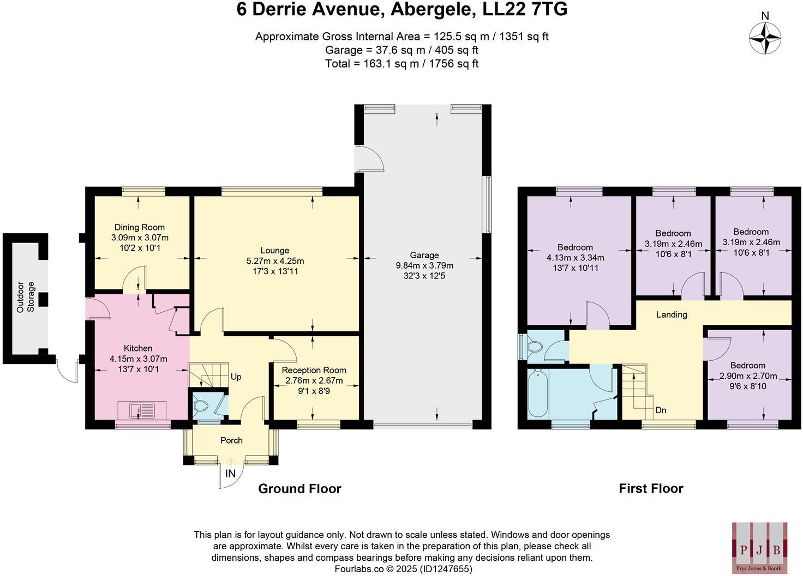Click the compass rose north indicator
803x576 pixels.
765,37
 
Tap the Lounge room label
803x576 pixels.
274,251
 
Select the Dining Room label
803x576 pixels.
139,227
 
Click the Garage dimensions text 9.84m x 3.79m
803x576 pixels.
424,265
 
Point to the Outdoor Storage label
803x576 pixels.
26,297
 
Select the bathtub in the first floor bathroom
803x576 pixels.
538,393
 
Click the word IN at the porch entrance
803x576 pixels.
231,474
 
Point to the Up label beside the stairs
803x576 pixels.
236,377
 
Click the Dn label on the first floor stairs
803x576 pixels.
661,410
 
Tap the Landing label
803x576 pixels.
671,314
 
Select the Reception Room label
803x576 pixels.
314,370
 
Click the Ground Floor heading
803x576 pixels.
299,489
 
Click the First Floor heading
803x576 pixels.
651,489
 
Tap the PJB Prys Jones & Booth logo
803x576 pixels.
759,547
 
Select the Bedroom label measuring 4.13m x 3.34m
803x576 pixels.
575,247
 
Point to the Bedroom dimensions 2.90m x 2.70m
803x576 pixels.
748,376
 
